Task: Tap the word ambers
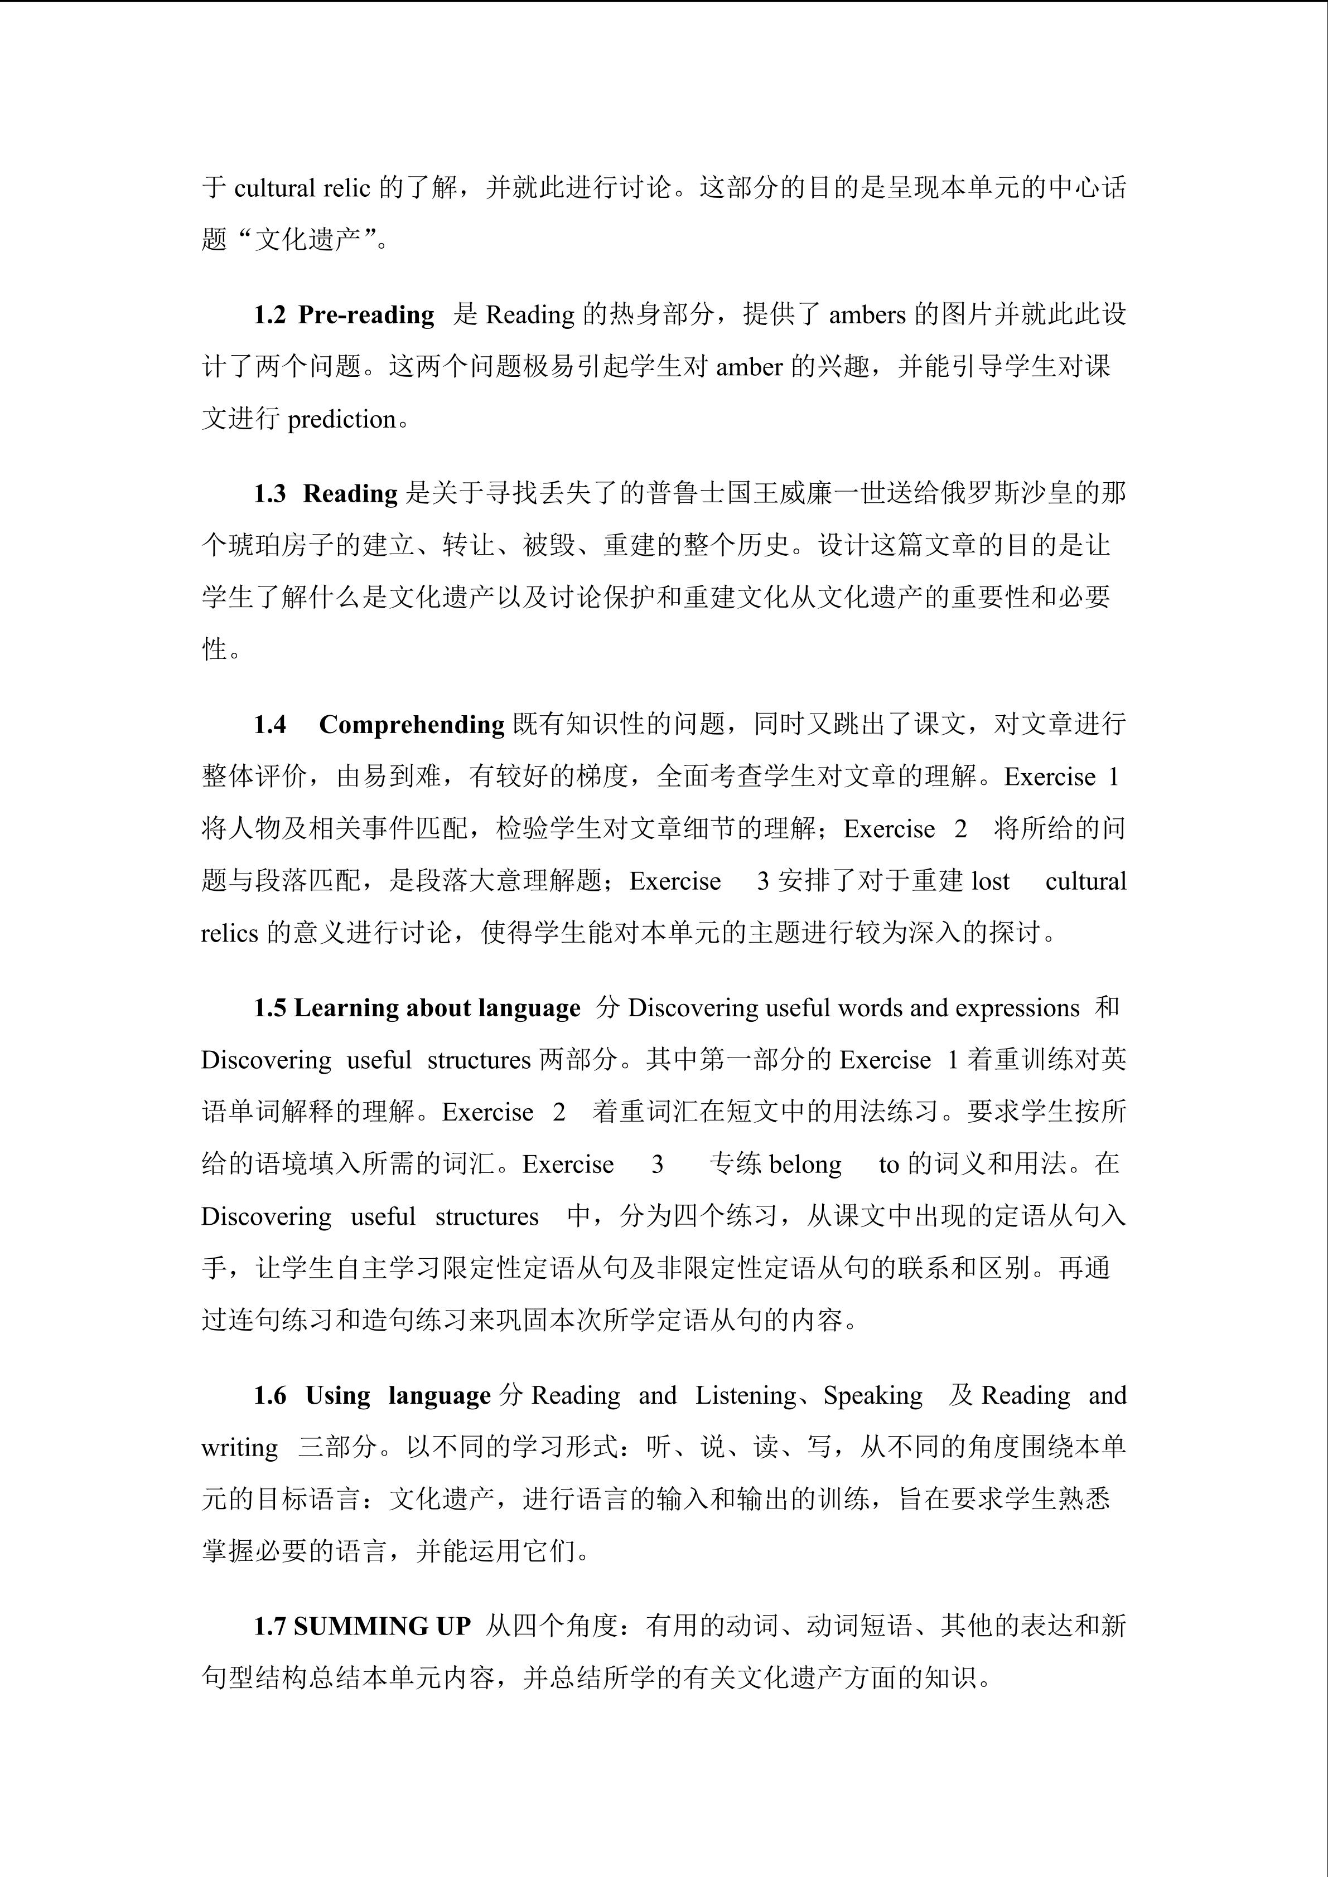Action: point(867,315)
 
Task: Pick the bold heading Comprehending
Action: point(411,724)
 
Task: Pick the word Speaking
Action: point(872,1395)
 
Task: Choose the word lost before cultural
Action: point(990,881)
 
